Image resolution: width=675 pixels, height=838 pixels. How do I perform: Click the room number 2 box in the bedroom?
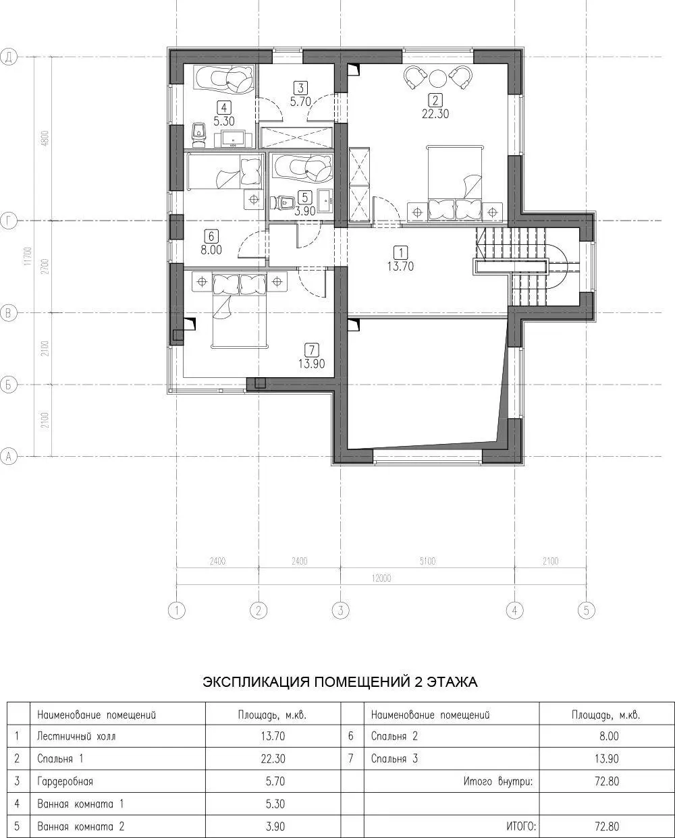click(x=435, y=101)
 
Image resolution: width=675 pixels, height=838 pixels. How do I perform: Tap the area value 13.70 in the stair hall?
click(x=401, y=267)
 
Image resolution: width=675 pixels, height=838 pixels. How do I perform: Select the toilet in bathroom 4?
click(x=200, y=134)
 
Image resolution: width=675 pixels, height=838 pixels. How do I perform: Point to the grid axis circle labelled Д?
click(x=9, y=57)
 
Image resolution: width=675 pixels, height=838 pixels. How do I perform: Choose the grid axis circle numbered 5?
click(x=587, y=610)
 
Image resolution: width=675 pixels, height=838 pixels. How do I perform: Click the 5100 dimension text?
click(x=427, y=561)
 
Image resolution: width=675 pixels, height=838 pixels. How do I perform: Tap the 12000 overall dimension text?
click(x=381, y=578)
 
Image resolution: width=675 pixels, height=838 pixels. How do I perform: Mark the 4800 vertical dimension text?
click(x=45, y=138)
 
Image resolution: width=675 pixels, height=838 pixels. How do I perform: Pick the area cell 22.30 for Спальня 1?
click(x=273, y=758)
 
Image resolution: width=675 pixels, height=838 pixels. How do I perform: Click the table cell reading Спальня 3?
click(x=394, y=758)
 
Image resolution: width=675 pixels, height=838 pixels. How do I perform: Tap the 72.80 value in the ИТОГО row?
click(x=607, y=826)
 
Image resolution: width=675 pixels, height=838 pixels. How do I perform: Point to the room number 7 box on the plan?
click(x=312, y=350)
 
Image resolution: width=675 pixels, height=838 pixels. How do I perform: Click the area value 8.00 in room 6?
click(x=211, y=250)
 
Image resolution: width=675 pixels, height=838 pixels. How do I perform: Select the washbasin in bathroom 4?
click(x=233, y=139)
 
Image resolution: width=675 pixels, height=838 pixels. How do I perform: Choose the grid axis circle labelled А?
click(x=9, y=456)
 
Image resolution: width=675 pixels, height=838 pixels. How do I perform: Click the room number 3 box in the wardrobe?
click(x=300, y=88)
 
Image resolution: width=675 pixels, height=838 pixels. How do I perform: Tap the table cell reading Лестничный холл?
click(x=76, y=736)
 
